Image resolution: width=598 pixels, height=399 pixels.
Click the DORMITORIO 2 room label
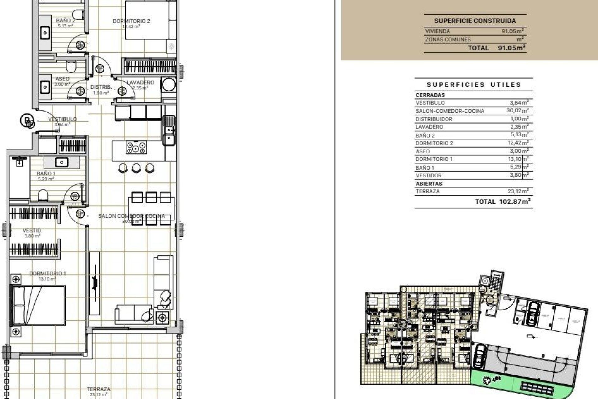coord(131,21)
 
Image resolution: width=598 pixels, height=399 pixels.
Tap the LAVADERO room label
coord(140,83)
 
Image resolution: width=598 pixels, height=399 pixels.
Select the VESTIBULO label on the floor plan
coord(62,119)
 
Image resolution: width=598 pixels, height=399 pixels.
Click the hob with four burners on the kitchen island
coord(136,147)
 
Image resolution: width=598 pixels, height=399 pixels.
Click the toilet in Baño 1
coord(43,196)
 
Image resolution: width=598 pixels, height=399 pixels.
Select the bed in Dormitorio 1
coord(38,305)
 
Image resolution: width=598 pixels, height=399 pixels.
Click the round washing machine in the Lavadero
coord(169,84)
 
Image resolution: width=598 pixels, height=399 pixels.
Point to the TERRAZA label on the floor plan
coord(99,389)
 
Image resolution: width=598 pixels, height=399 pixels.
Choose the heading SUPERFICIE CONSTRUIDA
coord(475,21)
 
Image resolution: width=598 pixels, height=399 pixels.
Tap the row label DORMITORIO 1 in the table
coord(434,159)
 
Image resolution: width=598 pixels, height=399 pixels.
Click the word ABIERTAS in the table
coord(429,184)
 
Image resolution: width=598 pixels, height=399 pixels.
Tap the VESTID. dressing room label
coord(33,231)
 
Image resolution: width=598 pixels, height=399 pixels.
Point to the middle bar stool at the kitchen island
coord(136,168)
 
